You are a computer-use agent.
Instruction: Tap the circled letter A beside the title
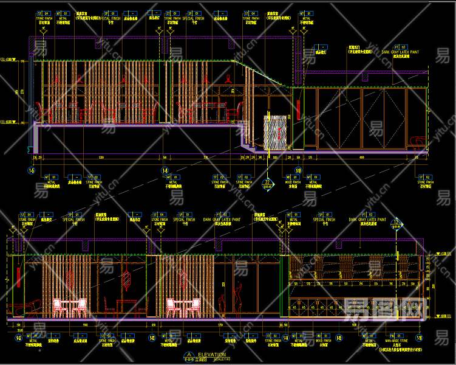click(x=189, y=355)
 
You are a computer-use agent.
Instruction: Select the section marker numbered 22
click(x=267, y=182)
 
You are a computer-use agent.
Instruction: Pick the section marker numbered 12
click(x=397, y=223)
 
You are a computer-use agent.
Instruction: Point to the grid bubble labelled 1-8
click(x=165, y=171)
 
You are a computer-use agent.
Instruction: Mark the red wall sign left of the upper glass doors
click(x=299, y=106)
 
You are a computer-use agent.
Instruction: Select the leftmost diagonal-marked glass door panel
click(x=328, y=119)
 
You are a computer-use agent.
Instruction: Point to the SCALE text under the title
click(x=219, y=360)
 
